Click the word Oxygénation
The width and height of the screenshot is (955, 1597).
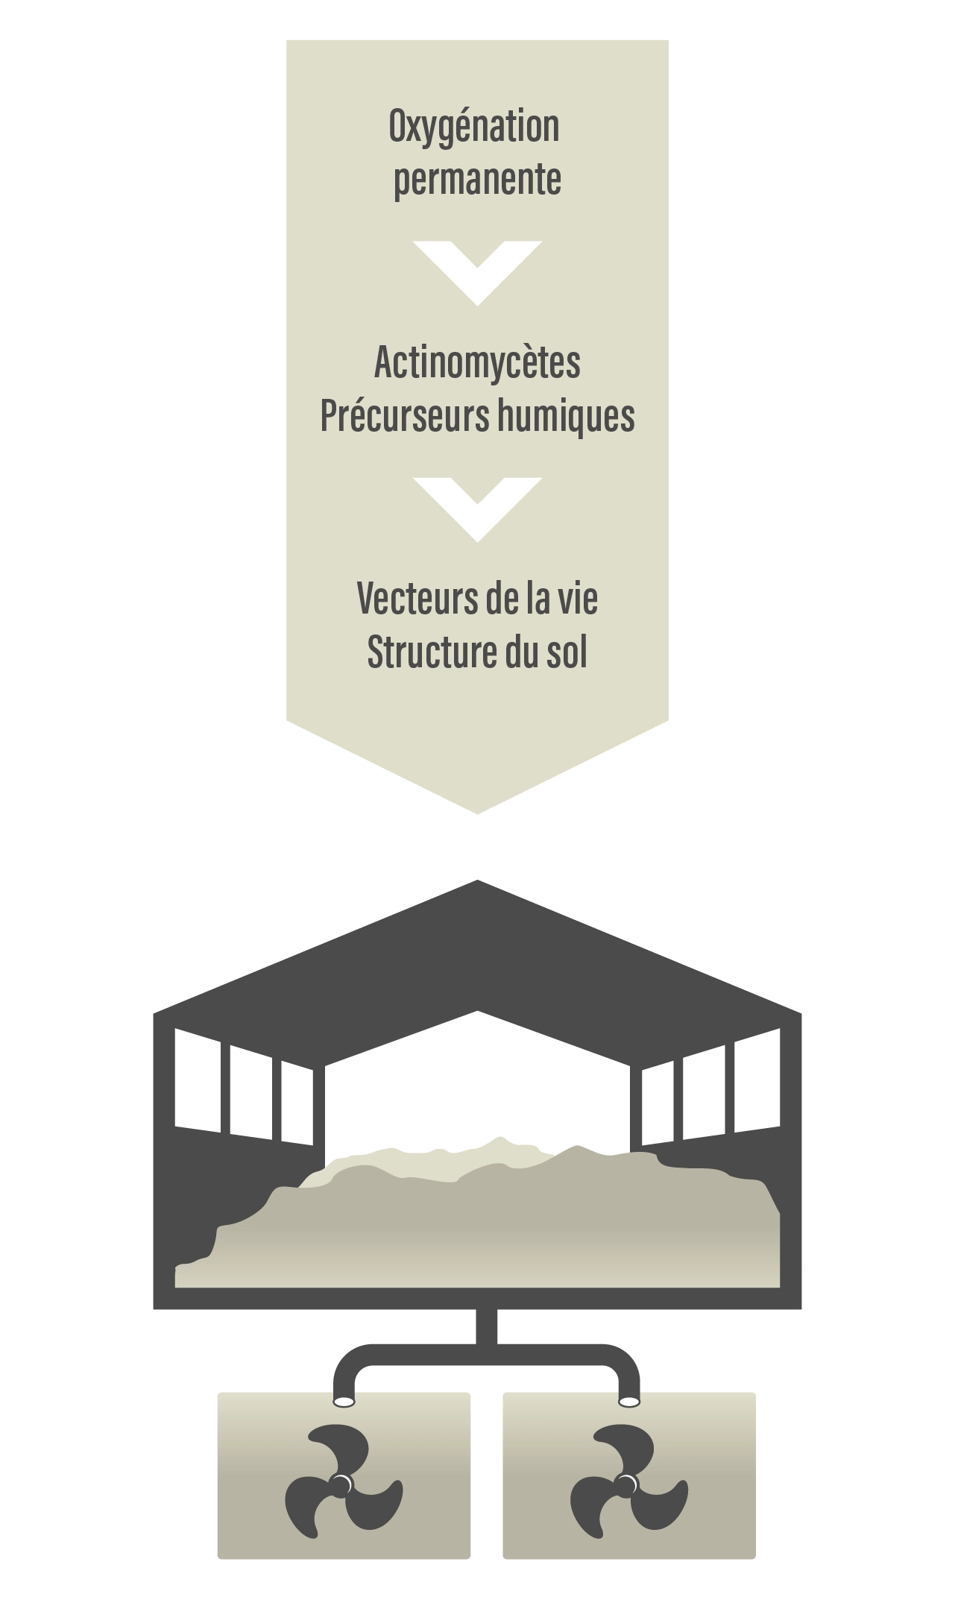coord(474,128)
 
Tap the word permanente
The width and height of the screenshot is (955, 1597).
coord(477,180)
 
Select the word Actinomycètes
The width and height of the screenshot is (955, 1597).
coord(477,363)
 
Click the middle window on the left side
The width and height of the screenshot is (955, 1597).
coord(251,1092)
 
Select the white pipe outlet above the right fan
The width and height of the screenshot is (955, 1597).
coord(629,1402)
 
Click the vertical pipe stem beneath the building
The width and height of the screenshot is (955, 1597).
coord(485,1328)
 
